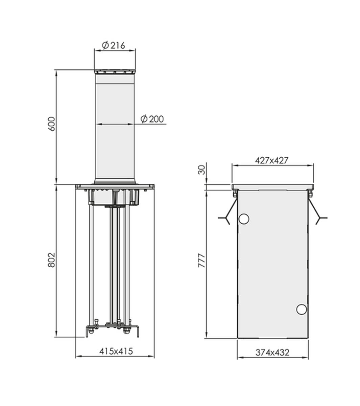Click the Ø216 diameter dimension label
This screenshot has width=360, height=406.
pyautogui.click(x=113, y=45)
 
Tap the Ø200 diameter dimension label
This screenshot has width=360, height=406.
pyautogui.click(x=152, y=119)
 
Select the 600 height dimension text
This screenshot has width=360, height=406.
pyautogui.click(x=51, y=124)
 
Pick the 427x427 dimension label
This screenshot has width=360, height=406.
pyautogui.click(x=271, y=160)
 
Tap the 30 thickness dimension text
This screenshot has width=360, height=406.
pyautogui.click(x=202, y=170)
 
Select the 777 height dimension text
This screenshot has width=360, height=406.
pyautogui.click(x=201, y=261)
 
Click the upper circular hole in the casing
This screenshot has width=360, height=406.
pyautogui.click(x=244, y=219)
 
